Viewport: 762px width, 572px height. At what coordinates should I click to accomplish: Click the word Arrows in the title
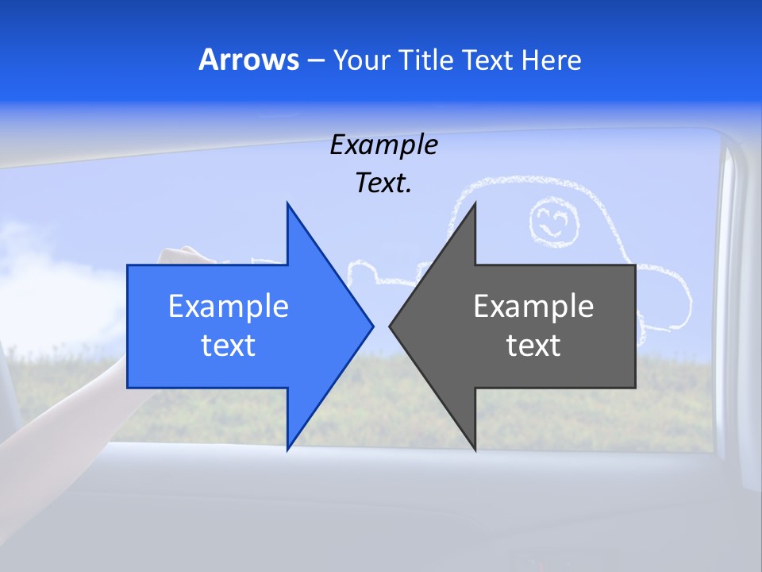pos(248,60)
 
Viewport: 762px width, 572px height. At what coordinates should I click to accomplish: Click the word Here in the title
pos(552,60)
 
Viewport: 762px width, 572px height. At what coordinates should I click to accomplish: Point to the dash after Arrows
pos(316,61)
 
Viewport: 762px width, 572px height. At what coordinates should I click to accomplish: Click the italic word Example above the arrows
pos(383,145)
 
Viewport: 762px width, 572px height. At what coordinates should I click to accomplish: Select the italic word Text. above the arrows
pos(383,183)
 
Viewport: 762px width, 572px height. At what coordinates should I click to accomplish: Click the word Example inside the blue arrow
pos(229,307)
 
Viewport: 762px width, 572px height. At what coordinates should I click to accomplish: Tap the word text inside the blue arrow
pos(229,346)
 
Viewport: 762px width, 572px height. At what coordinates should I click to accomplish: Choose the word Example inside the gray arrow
pos(533,307)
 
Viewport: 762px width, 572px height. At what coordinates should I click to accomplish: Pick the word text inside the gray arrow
pos(533,346)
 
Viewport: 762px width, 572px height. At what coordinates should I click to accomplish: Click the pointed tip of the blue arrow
pos(371,326)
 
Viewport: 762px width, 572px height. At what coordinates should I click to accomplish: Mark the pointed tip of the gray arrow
pos(391,326)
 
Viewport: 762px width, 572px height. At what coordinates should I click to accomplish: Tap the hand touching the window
pos(179,256)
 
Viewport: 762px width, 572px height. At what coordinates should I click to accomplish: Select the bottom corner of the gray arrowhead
pos(475,449)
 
